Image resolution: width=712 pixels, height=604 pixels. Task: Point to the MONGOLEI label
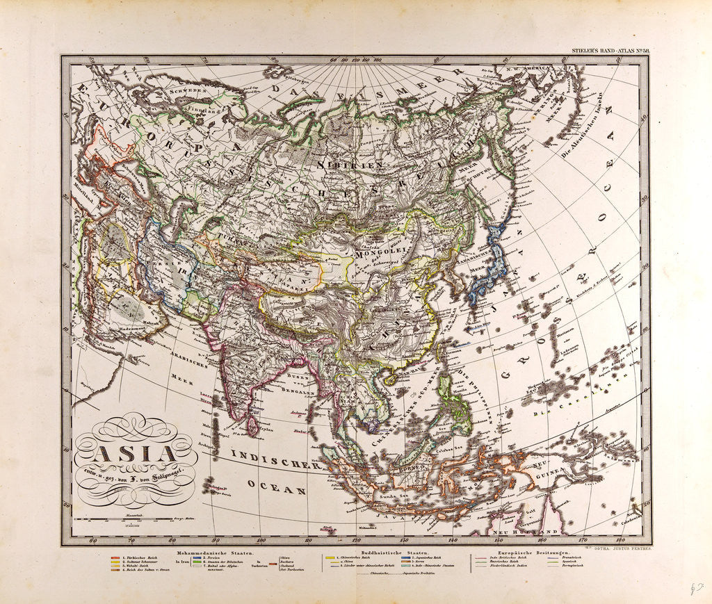(x=375, y=254)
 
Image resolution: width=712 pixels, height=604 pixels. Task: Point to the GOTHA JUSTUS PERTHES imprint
(x=619, y=548)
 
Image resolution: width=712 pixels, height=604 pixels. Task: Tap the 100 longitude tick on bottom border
(x=261, y=540)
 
